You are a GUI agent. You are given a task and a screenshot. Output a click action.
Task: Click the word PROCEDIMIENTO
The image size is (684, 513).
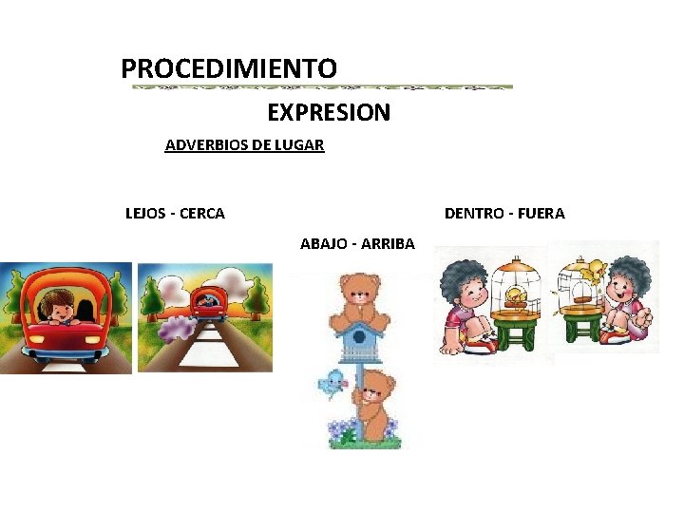pyautogui.click(x=229, y=69)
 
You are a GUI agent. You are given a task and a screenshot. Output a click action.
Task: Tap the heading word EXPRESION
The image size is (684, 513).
pyautogui.click(x=329, y=113)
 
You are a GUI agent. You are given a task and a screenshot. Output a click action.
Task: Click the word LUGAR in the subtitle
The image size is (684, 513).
pyautogui.click(x=300, y=145)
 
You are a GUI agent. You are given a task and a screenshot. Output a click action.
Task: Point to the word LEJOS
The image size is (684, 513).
pyautogui.click(x=145, y=214)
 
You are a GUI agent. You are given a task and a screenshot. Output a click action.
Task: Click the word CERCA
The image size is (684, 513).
pyautogui.click(x=202, y=214)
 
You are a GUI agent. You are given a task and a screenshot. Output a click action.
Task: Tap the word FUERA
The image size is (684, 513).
pyautogui.click(x=541, y=214)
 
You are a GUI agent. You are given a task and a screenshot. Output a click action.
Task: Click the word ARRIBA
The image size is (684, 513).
pyautogui.click(x=388, y=244)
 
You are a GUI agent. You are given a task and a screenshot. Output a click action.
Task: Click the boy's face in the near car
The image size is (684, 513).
pyautogui.click(x=61, y=309)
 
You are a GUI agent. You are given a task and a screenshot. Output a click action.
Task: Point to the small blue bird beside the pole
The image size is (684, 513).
pyautogui.click(x=332, y=383)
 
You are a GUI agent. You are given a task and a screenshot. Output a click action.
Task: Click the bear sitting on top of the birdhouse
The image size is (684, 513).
pyautogui.click(x=360, y=294)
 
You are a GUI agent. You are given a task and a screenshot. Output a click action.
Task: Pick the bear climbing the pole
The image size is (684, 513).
pyautogui.click(x=375, y=404)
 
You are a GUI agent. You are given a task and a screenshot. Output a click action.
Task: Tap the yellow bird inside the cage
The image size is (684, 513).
pyautogui.click(x=517, y=295)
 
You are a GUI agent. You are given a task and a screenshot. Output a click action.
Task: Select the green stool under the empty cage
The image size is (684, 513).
pyautogui.click(x=581, y=326)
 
